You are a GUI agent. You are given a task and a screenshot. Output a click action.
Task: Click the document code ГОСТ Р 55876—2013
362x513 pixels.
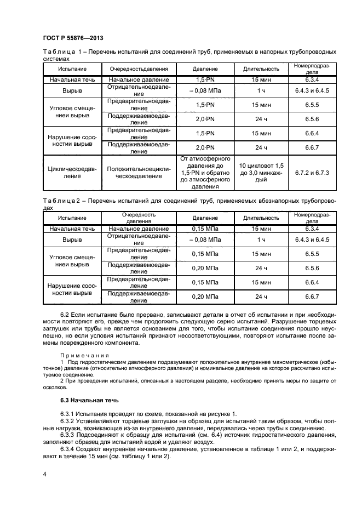click(x=73, y=38)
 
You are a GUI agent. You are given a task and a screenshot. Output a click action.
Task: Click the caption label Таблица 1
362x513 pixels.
click(x=61, y=52)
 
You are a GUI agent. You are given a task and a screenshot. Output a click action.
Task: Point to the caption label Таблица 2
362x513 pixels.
click(x=61, y=202)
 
